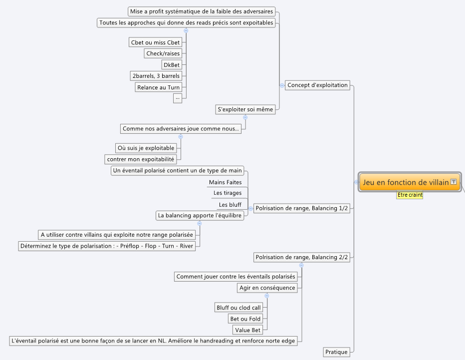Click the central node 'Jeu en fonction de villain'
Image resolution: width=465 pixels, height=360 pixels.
(x=410, y=182)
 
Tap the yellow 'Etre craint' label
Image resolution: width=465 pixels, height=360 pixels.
(x=410, y=195)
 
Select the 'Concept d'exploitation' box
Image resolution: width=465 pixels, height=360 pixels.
(x=317, y=85)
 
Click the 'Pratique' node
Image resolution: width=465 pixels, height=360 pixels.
(x=336, y=352)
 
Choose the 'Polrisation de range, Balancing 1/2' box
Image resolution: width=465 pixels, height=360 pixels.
(x=301, y=208)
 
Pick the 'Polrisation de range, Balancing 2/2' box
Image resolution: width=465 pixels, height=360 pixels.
(x=301, y=257)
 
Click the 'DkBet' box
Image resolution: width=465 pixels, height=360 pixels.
(x=172, y=65)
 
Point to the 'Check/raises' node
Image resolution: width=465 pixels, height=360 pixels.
(x=163, y=53)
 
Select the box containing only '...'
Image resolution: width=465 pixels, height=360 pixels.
(x=178, y=98)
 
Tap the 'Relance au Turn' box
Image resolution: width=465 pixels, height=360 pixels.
(x=158, y=87)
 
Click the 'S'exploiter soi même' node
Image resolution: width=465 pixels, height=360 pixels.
(x=245, y=109)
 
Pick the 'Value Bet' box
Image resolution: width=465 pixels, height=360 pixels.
(x=247, y=330)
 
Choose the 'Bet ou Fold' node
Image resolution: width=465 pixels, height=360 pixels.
(x=245, y=319)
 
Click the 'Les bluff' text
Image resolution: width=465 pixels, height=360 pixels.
(x=230, y=205)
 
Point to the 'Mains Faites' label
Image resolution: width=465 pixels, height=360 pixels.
(x=226, y=182)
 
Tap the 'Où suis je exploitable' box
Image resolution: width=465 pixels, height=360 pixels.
(x=146, y=148)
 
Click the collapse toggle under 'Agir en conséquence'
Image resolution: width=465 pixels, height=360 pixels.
(x=267, y=296)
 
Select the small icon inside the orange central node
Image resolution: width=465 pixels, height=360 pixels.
(x=454, y=182)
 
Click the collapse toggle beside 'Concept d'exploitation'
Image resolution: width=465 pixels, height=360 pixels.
(x=282, y=85)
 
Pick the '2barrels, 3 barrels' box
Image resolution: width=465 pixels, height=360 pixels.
(x=156, y=76)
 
